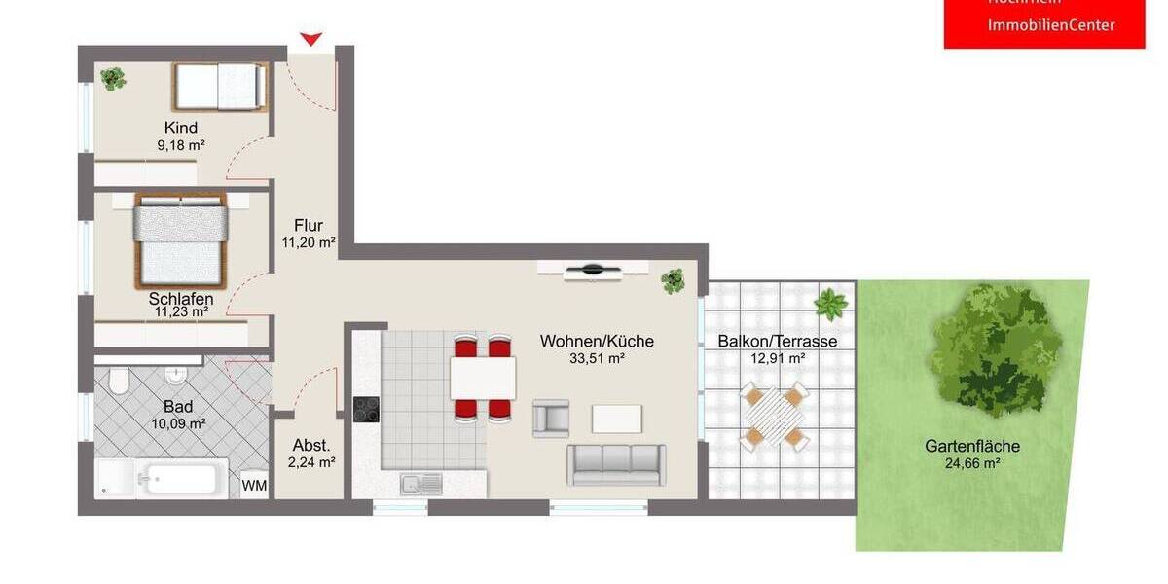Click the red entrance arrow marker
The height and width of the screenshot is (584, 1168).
[310, 39]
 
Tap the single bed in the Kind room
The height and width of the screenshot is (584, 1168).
[219, 86]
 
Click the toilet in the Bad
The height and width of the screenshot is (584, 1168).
[120, 381]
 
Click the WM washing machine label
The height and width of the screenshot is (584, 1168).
[254, 485]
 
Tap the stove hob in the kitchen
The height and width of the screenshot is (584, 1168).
[366, 410]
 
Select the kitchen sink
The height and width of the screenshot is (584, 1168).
[420, 482]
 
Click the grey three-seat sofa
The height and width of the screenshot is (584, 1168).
[617, 464]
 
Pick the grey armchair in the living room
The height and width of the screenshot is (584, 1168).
[551, 418]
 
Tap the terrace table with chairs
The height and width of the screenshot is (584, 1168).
[774, 416]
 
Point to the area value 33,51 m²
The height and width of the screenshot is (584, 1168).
[597, 358]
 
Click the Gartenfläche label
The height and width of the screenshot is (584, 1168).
[972, 446]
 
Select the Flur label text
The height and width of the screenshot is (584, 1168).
[308, 226]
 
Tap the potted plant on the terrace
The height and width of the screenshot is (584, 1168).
[830, 305]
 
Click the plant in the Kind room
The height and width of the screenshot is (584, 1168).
[113, 78]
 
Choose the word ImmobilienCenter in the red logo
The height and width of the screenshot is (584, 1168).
[1051, 25]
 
